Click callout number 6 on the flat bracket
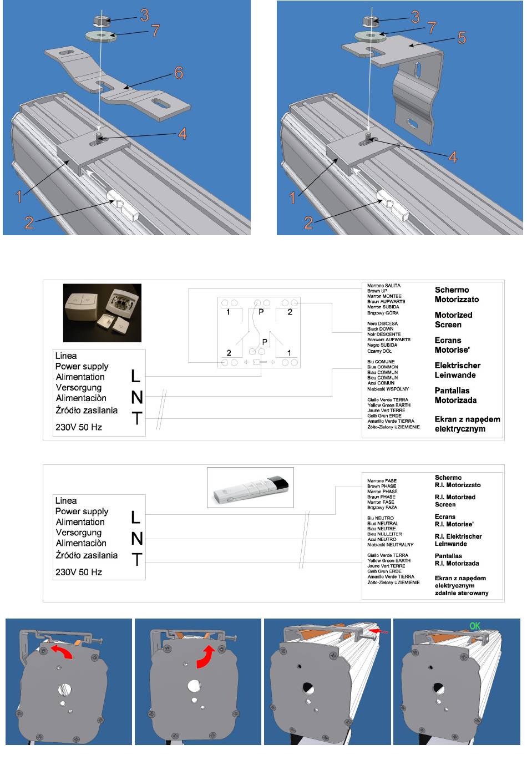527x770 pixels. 178,73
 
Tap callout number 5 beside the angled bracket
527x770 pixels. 462,38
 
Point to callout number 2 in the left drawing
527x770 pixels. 29,222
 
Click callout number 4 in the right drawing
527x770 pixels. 453,157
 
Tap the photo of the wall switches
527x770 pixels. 102,313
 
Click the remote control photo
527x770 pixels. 250,487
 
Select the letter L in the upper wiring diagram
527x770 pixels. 136,377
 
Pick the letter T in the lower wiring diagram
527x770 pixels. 136,560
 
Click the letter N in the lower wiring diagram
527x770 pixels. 136,539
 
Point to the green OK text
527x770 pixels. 475,626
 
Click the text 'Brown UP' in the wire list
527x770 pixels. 377,291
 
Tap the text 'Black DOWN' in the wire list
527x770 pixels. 380,329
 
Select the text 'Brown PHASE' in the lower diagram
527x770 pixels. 382,486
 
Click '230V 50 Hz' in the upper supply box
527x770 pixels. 79,427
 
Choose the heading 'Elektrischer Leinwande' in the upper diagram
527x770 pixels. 457,370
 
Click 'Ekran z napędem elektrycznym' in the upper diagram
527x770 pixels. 467,424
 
